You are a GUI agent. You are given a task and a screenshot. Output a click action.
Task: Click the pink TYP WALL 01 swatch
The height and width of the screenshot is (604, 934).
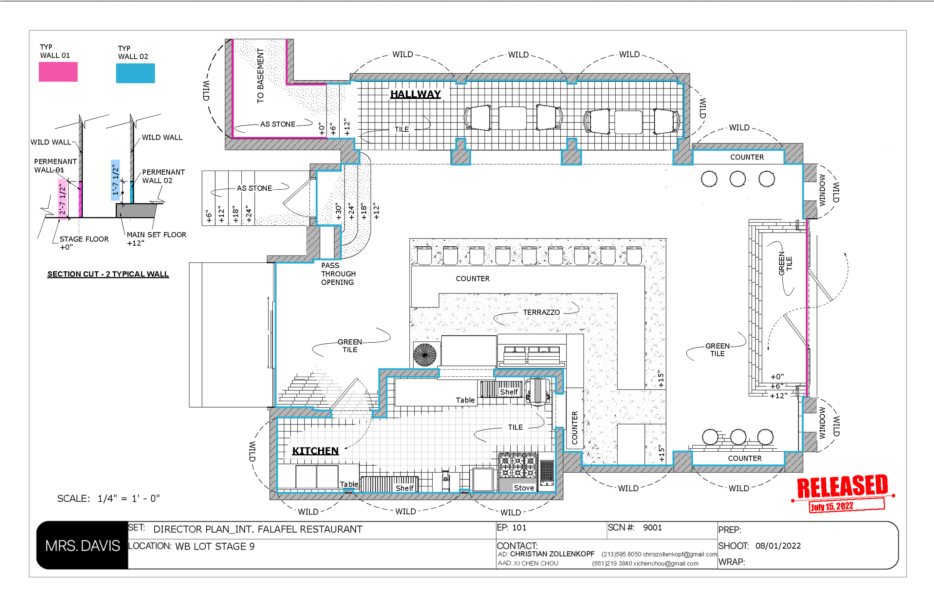pyautogui.click(x=58, y=72)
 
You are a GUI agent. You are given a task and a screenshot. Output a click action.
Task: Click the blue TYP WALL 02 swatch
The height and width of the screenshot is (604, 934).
pyautogui.click(x=135, y=73)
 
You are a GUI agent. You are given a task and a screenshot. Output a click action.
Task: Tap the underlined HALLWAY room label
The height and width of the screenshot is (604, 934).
pyautogui.click(x=415, y=94)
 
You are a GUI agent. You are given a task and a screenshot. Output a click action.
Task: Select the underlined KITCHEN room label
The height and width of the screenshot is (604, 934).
pyautogui.click(x=315, y=451)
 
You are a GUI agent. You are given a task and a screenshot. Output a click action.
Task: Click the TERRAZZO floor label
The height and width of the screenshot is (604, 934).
pyautogui.click(x=541, y=312)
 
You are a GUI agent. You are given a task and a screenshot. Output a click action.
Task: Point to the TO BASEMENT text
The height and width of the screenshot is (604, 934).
pyautogui.click(x=260, y=76)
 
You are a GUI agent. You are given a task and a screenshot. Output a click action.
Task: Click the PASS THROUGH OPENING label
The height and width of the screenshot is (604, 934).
pyautogui.click(x=338, y=274)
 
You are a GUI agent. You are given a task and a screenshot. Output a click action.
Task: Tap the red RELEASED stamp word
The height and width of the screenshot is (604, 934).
pyautogui.click(x=842, y=487)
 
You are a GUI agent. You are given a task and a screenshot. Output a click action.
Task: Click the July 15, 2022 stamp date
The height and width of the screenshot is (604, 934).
pyautogui.click(x=832, y=506)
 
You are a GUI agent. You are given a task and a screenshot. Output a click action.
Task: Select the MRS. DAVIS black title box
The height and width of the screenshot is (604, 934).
pyautogui.click(x=83, y=545)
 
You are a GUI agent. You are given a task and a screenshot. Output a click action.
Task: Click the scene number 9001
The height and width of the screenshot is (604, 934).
pyautogui.click(x=652, y=527)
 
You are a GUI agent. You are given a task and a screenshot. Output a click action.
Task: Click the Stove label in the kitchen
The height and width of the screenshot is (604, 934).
pyautogui.click(x=523, y=488)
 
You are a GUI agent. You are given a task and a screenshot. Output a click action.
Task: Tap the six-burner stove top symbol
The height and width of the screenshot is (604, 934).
pyautogui.click(x=518, y=465)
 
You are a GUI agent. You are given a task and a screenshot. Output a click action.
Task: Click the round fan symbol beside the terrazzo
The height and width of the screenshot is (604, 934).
pyautogui.click(x=425, y=355)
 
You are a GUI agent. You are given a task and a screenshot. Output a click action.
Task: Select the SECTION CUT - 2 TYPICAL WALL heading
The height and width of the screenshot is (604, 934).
pyautogui.click(x=108, y=274)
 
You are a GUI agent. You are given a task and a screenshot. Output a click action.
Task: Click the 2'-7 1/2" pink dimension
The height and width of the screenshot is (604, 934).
pyautogui.click(x=62, y=199)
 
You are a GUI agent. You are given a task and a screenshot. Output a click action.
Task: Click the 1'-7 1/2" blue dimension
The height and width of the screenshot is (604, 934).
pyautogui.click(x=115, y=180)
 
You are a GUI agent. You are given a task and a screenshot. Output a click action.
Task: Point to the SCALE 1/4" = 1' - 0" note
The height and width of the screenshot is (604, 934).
pyautogui.click(x=108, y=498)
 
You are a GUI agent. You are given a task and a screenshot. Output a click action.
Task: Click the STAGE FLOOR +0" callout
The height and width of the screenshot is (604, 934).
pyautogui.click(x=83, y=243)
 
